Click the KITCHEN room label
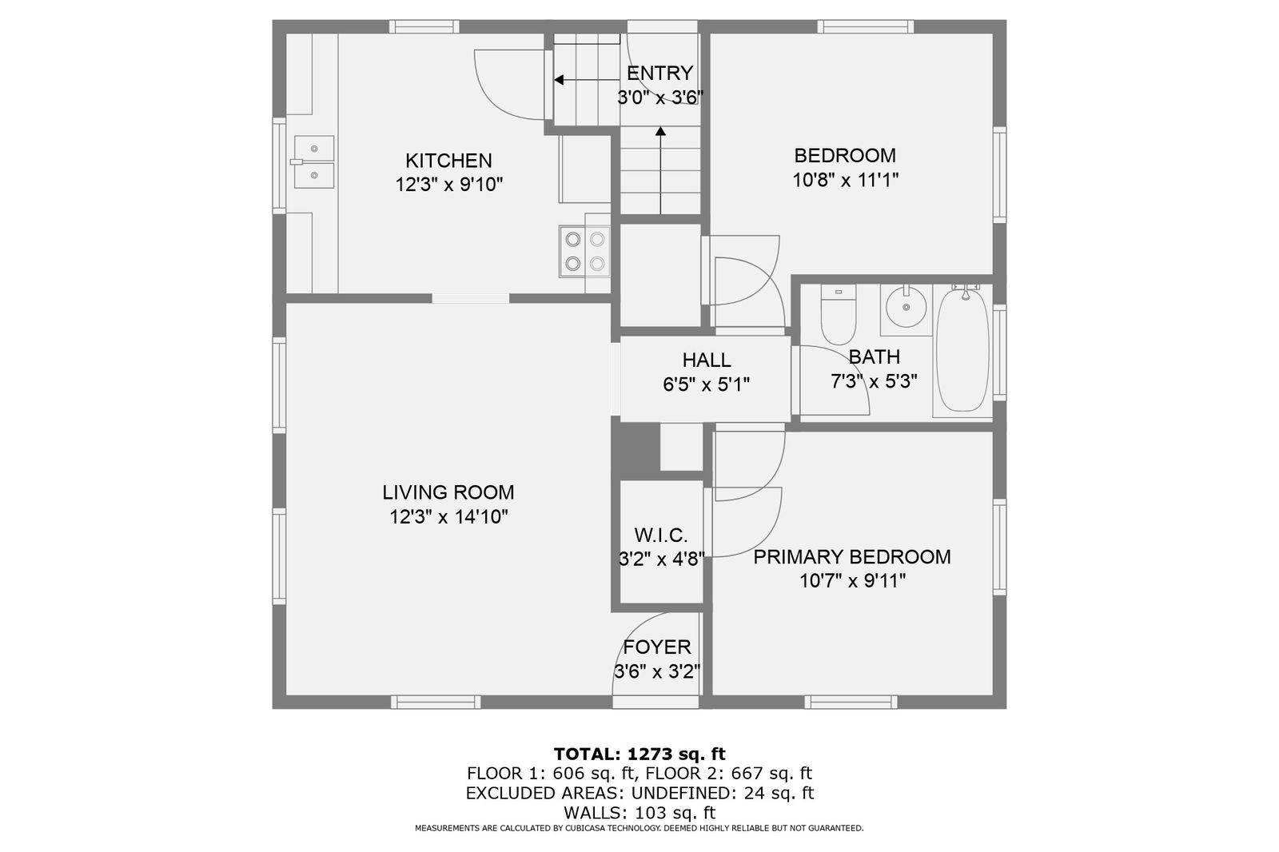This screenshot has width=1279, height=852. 448,161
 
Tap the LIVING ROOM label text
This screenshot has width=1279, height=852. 448,492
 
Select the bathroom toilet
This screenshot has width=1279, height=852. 839,315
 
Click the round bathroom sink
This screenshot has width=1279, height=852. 906,307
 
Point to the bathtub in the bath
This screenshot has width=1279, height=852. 962,350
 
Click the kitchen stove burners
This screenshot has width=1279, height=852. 584,251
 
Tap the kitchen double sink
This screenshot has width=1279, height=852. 313,161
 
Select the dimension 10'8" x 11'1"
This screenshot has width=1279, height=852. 845,181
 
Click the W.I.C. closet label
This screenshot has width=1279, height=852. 660,535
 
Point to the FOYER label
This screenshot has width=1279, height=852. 656,647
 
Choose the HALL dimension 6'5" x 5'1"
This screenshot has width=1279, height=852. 706,385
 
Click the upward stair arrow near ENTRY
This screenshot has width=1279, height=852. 660,170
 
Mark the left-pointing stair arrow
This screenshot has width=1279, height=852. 587,80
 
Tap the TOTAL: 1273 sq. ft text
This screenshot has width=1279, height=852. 639,754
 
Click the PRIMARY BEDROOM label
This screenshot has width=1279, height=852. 852,557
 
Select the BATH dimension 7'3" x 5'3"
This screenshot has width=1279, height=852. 874,381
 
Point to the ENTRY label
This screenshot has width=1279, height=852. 659,73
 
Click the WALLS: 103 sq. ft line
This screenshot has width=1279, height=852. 639,813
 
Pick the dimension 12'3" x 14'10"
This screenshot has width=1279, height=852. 448,517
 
